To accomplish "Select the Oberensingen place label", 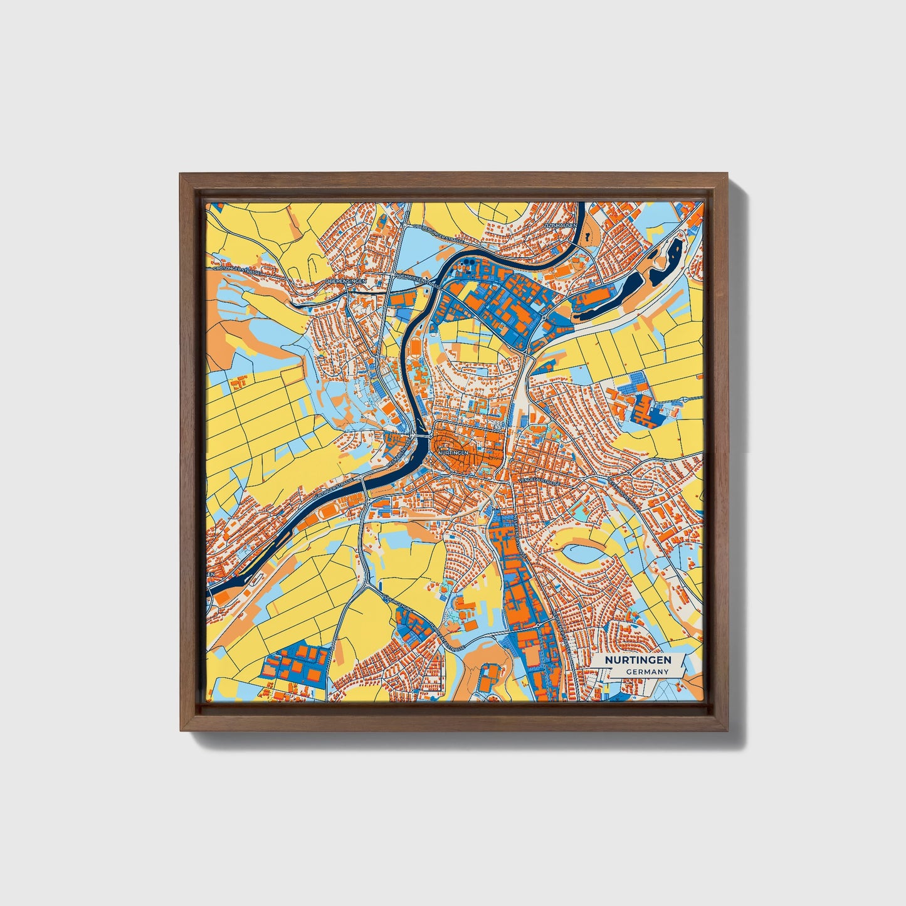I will tap(345, 282).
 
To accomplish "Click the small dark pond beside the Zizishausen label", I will tap(587, 238).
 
